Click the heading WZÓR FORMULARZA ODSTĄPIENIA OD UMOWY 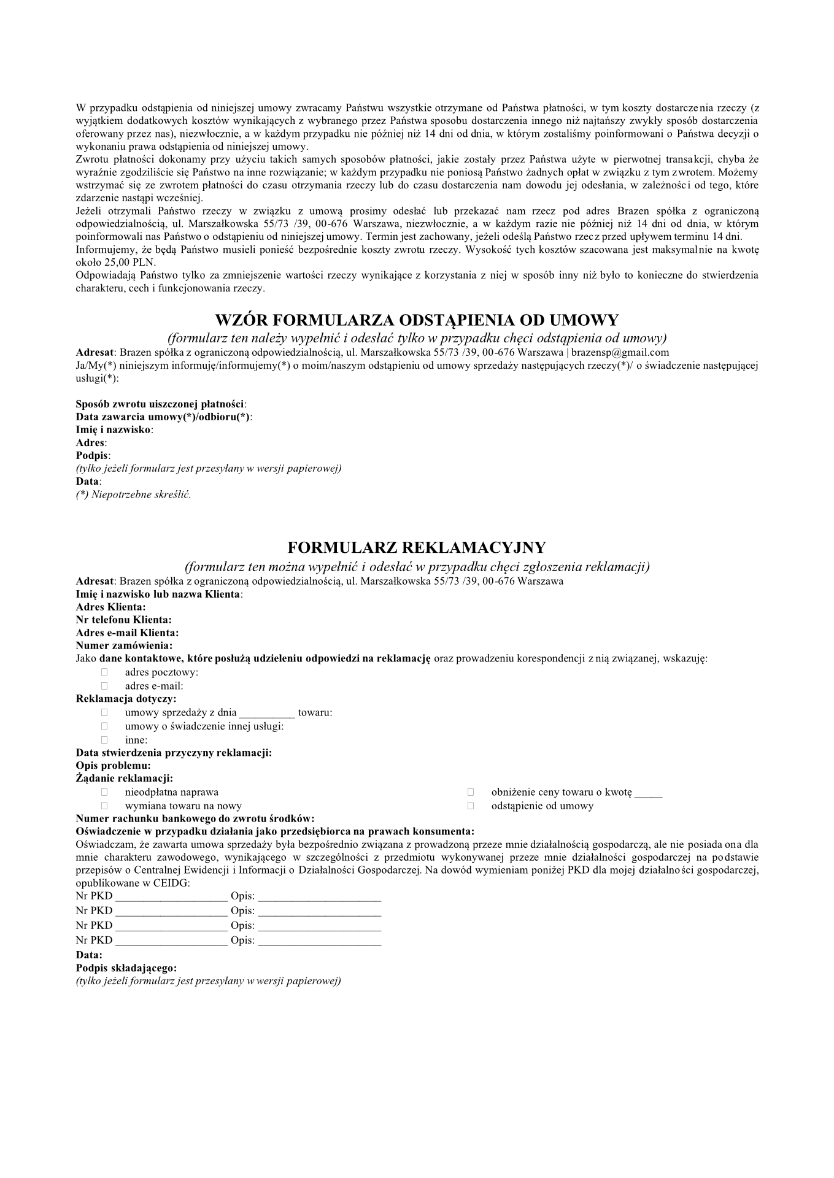pos(417,320)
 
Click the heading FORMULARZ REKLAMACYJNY pos(417,547)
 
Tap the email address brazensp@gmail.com pos(620,353)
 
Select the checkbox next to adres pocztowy pos(104,672)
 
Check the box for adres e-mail pos(104,686)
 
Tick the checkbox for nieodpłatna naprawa pos(104,793)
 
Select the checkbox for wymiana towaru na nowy pos(104,806)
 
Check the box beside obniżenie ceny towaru pos(471,793)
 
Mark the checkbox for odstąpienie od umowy pos(471,806)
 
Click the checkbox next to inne pos(104,740)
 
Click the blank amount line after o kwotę pos(648,793)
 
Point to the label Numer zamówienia pos(124,645)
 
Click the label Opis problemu pos(113,766)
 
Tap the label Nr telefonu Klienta pos(123,620)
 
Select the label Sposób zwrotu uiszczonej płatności pos(161,404)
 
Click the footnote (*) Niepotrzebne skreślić pos(133,495)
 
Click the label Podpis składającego pos(126,968)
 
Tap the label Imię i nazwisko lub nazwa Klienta pos(158,594)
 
